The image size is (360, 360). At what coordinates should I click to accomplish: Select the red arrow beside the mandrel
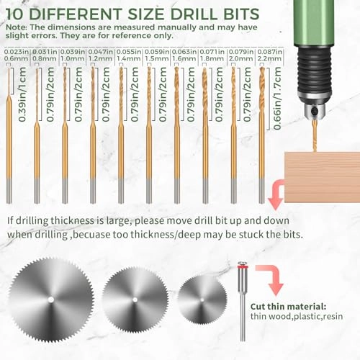coord(267,277)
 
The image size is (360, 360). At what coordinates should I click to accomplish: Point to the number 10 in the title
coord(17,13)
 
